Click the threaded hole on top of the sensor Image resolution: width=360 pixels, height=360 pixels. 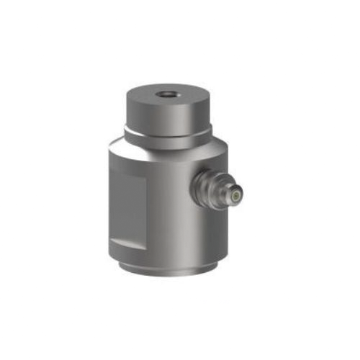[x=166, y=94]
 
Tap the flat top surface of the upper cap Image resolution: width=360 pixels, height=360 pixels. [x=148, y=98]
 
